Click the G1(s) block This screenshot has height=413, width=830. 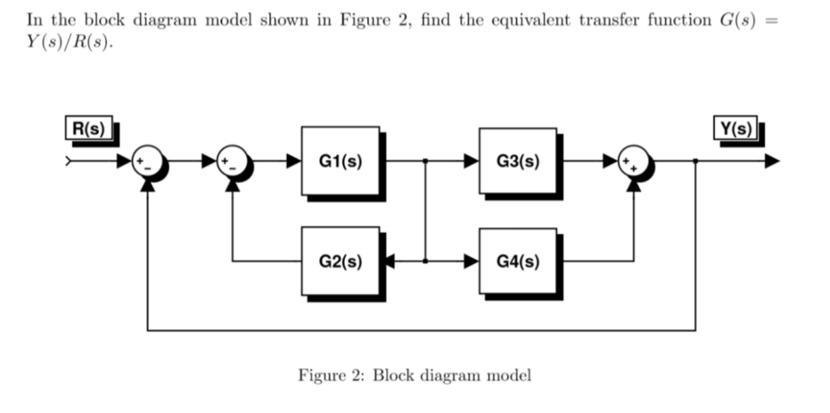[340, 160]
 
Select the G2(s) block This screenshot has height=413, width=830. [340, 262]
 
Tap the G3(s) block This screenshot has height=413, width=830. [518, 160]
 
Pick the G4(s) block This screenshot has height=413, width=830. [518, 262]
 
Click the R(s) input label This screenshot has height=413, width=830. [88, 128]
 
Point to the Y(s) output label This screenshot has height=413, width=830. [734, 128]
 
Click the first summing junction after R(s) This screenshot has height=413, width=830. [148, 161]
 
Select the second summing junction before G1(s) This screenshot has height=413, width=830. [232, 161]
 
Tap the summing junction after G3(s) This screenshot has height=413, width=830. [634, 161]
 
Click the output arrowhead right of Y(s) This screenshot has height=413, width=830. [772, 161]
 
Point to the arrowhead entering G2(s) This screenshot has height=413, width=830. [387, 262]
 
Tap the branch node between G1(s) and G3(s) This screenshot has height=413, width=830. [426, 161]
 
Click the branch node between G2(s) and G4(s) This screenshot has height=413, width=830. [426, 262]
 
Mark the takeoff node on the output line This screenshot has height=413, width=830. [695, 161]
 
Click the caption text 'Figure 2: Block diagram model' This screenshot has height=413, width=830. [415, 376]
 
